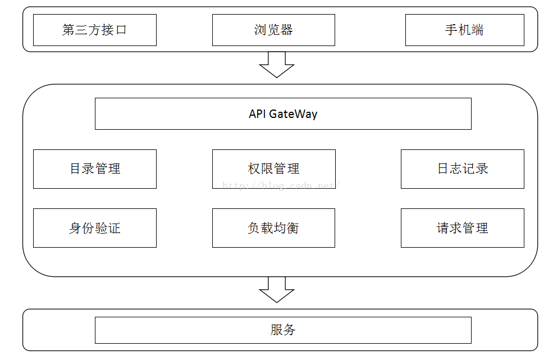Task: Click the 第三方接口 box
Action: (x=94, y=30)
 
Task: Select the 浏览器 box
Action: (x=273, y=30)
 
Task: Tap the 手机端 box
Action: (x=464, y=30)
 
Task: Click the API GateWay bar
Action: (x=283, y=114)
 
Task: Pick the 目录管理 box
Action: (x=94, y=168)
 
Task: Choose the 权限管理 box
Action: (x=273, y=168)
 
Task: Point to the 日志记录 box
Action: (x=462, y=168)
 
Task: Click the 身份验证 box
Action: (x=94, y=228)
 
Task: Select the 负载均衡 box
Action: (x=273, y=228)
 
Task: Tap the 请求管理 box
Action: (x=462, y=228)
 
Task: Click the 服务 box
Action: (x=283, y=330)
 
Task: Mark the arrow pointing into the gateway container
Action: (x=277, y=64)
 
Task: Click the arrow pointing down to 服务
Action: (x=277, y=289)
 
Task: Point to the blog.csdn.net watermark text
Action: (x=281, y=185)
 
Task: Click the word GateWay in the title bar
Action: (x=293, y=114)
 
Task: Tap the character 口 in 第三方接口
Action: (x=121, y=30)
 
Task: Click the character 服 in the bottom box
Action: (x=276, y=330)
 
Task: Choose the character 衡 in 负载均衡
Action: (x=293, y=228)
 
